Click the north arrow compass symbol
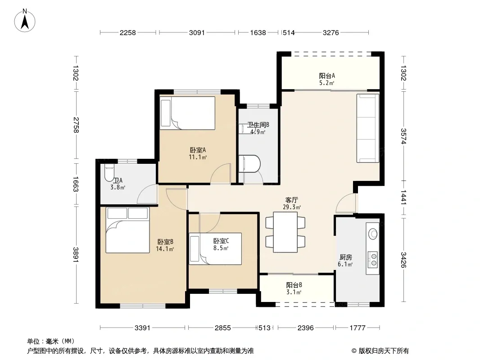tap(25, 21)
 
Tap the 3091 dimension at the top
tap(196, 32)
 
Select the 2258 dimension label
tap(127, 32)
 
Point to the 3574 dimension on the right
tap(403, 136)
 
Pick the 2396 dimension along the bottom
tap(305, 328)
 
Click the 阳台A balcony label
tap(327, 79)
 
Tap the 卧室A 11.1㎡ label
tap(198, 153)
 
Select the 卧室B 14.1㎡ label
tap(165, 245)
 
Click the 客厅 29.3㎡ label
tap(292, 203)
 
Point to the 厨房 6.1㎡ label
tap(345, 261)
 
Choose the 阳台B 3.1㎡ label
tap(294, 288)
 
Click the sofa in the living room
tap(367, 128)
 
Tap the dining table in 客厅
tap(285, 232)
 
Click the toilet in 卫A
tap(109, 173)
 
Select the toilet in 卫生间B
tap(249, 164)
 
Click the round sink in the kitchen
tap(373, 234)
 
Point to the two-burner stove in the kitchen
tap(372, 260)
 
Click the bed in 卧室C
tap(215, 249)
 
